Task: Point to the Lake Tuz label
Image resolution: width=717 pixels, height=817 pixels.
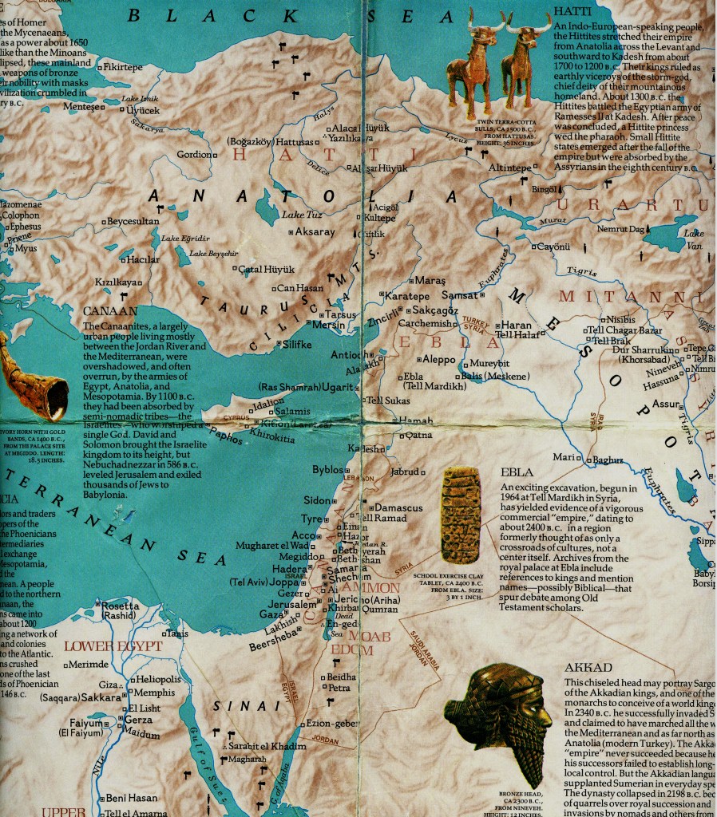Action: pos(301,215)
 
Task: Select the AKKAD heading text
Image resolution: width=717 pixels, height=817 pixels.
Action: pos(588,668)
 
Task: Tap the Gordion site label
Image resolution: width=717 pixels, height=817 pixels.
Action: pos(194,154)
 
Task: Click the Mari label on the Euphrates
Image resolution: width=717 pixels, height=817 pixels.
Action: pos(564,457)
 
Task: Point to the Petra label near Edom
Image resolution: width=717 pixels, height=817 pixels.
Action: pos(339,687)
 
